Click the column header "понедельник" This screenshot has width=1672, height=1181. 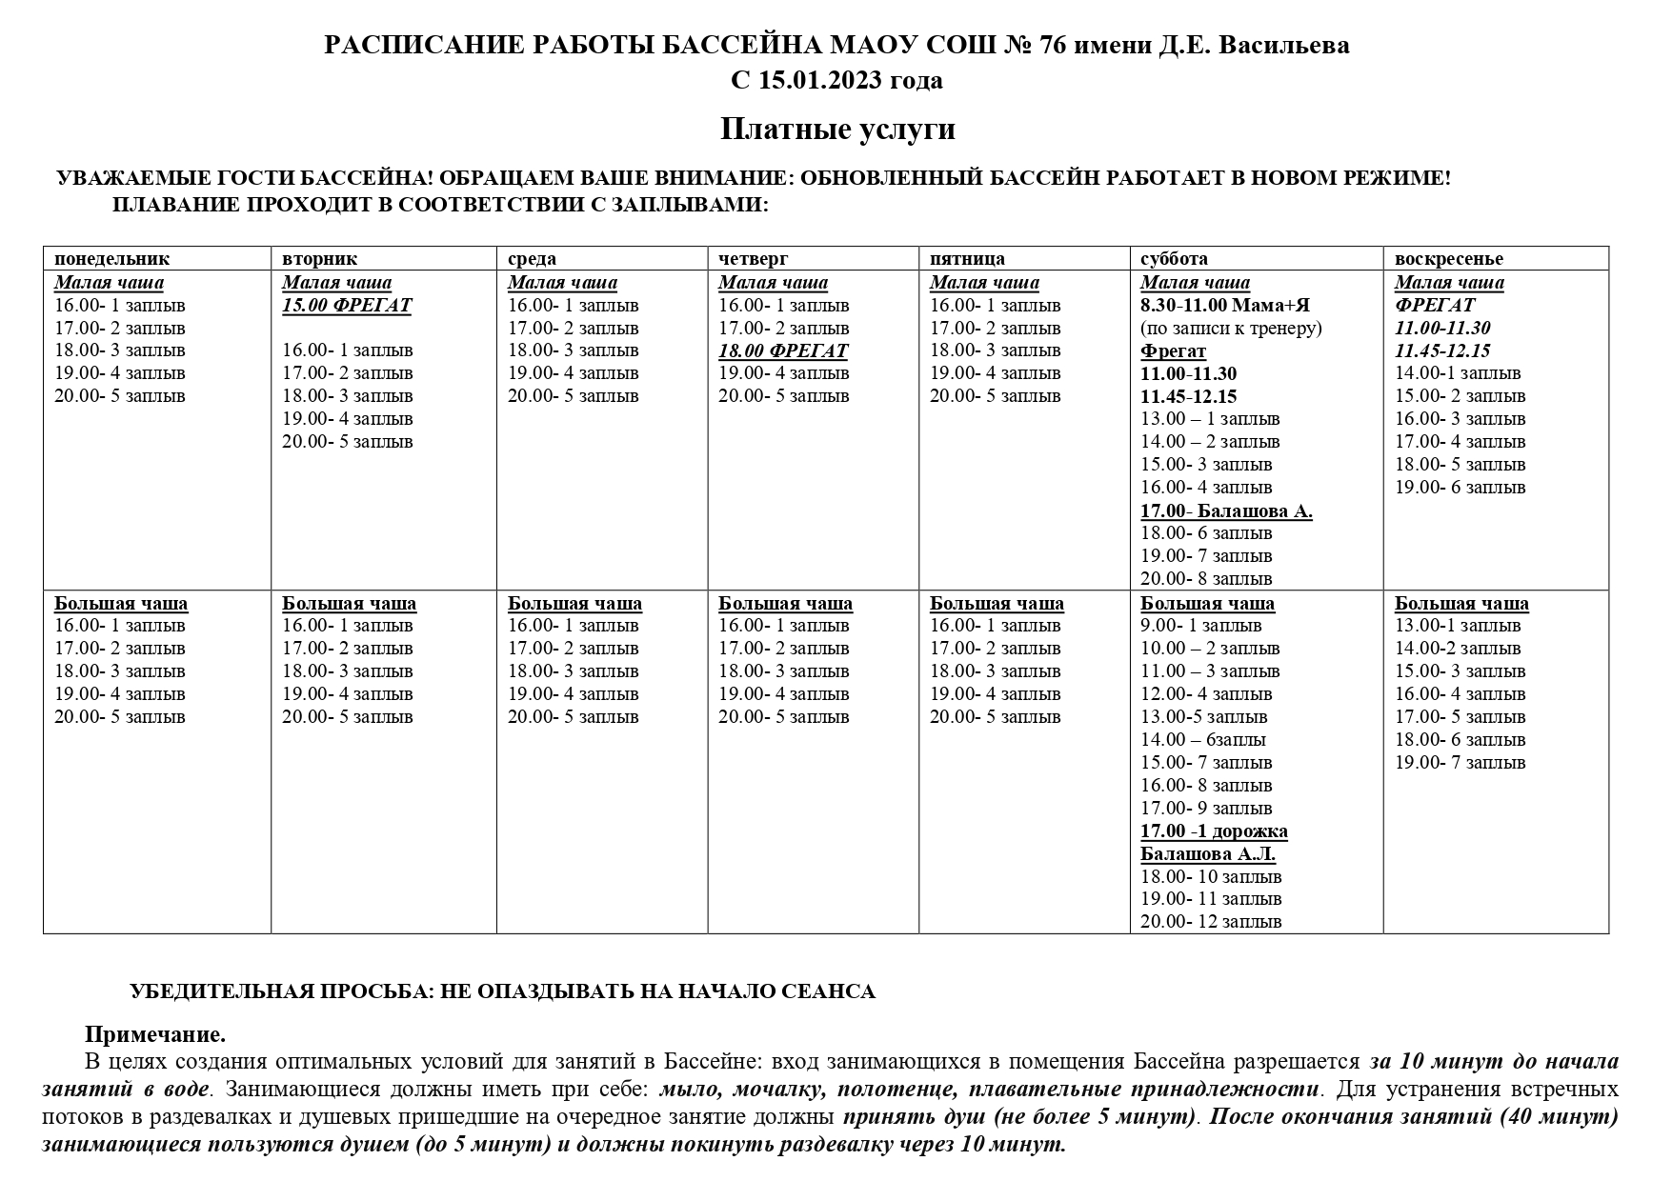click(x=111, y=259)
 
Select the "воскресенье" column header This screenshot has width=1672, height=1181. click(x=1448, y=259)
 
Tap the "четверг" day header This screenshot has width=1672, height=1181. click(x=753, y=259)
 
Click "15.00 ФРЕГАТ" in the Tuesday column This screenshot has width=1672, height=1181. click(x=347, y=306)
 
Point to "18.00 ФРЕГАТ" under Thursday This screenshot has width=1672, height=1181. click(x=783, y=350)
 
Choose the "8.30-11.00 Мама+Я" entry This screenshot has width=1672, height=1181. click(x=1225, y=306)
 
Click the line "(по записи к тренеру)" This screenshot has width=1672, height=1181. click(x=1231, y=329)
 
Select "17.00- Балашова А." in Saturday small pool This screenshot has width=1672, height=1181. click(x=1226, y=511)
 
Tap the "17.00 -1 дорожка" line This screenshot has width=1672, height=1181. click(x=1214, y=831)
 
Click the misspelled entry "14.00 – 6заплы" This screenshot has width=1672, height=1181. click(x=1203, y=740)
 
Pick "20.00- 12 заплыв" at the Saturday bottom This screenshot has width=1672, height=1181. click(x=1211, y=922)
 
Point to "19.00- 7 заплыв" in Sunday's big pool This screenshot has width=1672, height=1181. click(x=1460, y=763)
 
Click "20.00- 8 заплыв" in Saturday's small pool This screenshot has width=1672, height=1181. click(x=1206, y=579)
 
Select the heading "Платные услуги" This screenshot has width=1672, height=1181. click(x=837, y=129)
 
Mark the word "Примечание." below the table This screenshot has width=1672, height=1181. click(x=155, y=1035)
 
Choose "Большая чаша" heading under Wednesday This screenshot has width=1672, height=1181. click(x=574, y=604)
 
